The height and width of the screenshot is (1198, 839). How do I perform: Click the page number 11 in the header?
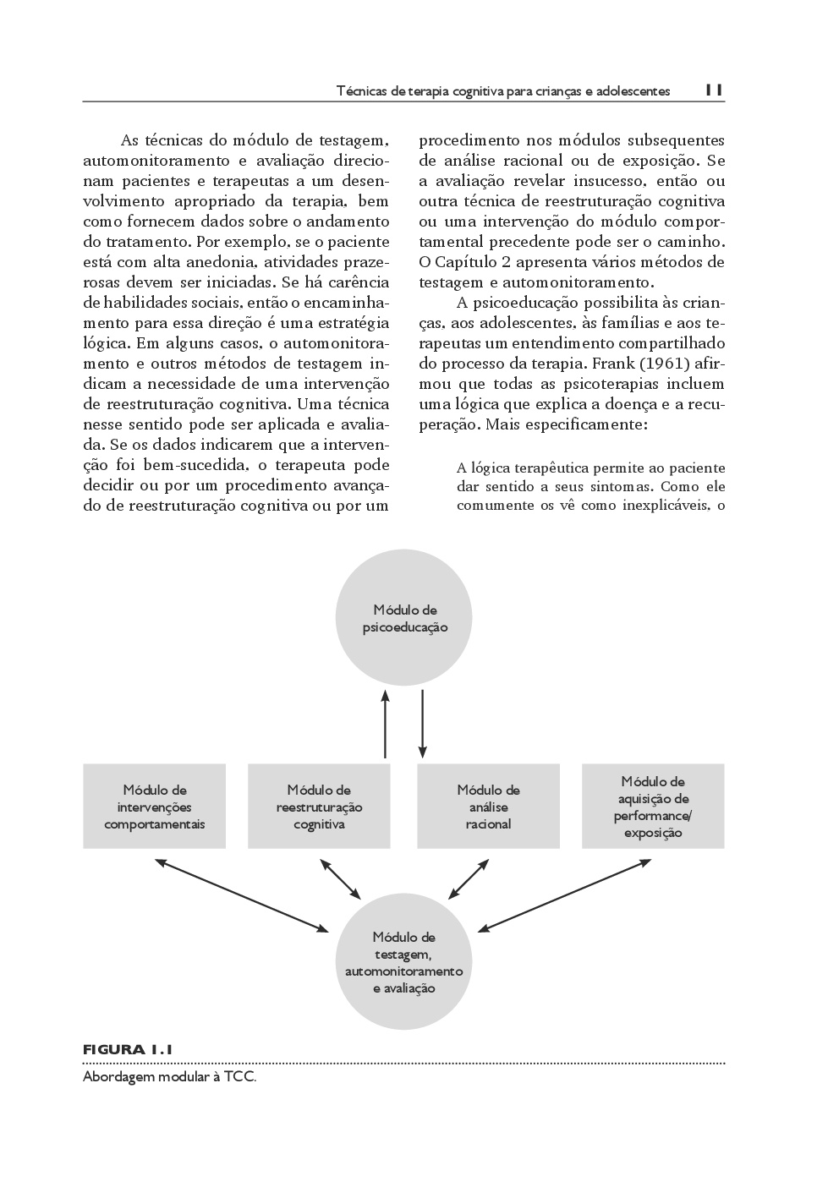click(x=713, y=90)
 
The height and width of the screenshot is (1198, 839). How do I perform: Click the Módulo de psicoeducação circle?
click(x=404, y=619)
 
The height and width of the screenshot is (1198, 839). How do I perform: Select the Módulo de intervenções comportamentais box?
click(x=154, y=807)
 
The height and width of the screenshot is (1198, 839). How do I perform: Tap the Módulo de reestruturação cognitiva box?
click(x=319, y=807)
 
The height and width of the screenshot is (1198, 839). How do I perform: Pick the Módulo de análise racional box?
click(x=488, y=807)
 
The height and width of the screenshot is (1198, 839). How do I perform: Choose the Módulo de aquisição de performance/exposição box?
click(x=653, y=807)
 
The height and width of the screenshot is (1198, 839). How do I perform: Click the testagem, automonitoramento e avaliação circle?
click(x=403, y=962)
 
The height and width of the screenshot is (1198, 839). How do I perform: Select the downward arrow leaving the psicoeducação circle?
click(x=423, y=723)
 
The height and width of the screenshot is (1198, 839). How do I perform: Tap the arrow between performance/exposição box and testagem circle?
click(x=564, y=895)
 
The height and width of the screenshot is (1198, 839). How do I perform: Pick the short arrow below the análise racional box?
click(x=469, y=879)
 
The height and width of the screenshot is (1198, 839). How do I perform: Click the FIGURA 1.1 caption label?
click(x=128, y=1050)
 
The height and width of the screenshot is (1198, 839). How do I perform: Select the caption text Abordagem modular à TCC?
click(x=169, y=1078)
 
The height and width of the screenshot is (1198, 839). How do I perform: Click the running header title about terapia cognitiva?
click(x=503, y=90)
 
